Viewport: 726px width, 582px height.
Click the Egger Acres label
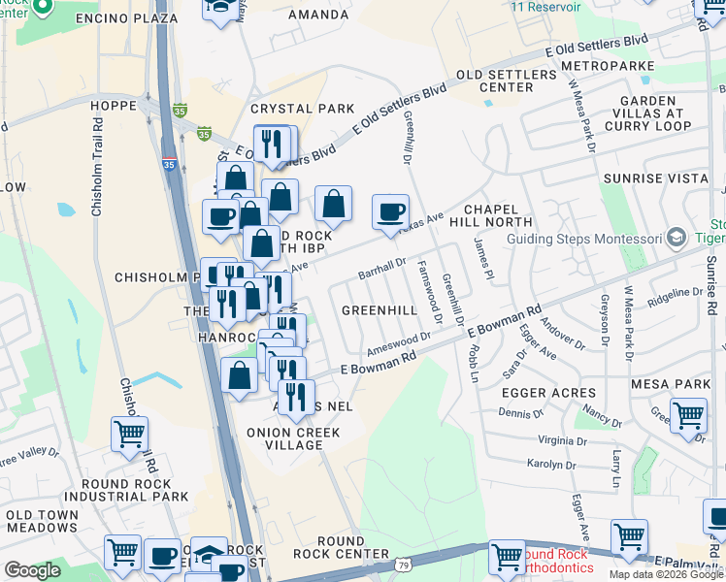tap(548, 392)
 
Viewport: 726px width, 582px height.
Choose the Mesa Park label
tap(670, 384)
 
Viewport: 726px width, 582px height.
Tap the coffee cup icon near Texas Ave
tap(390, 212)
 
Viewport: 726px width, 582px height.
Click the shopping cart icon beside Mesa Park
tap(688, 415)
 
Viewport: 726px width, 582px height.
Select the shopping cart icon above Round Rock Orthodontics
tap(507, 557)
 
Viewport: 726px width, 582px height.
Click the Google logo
tap(32, 570)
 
